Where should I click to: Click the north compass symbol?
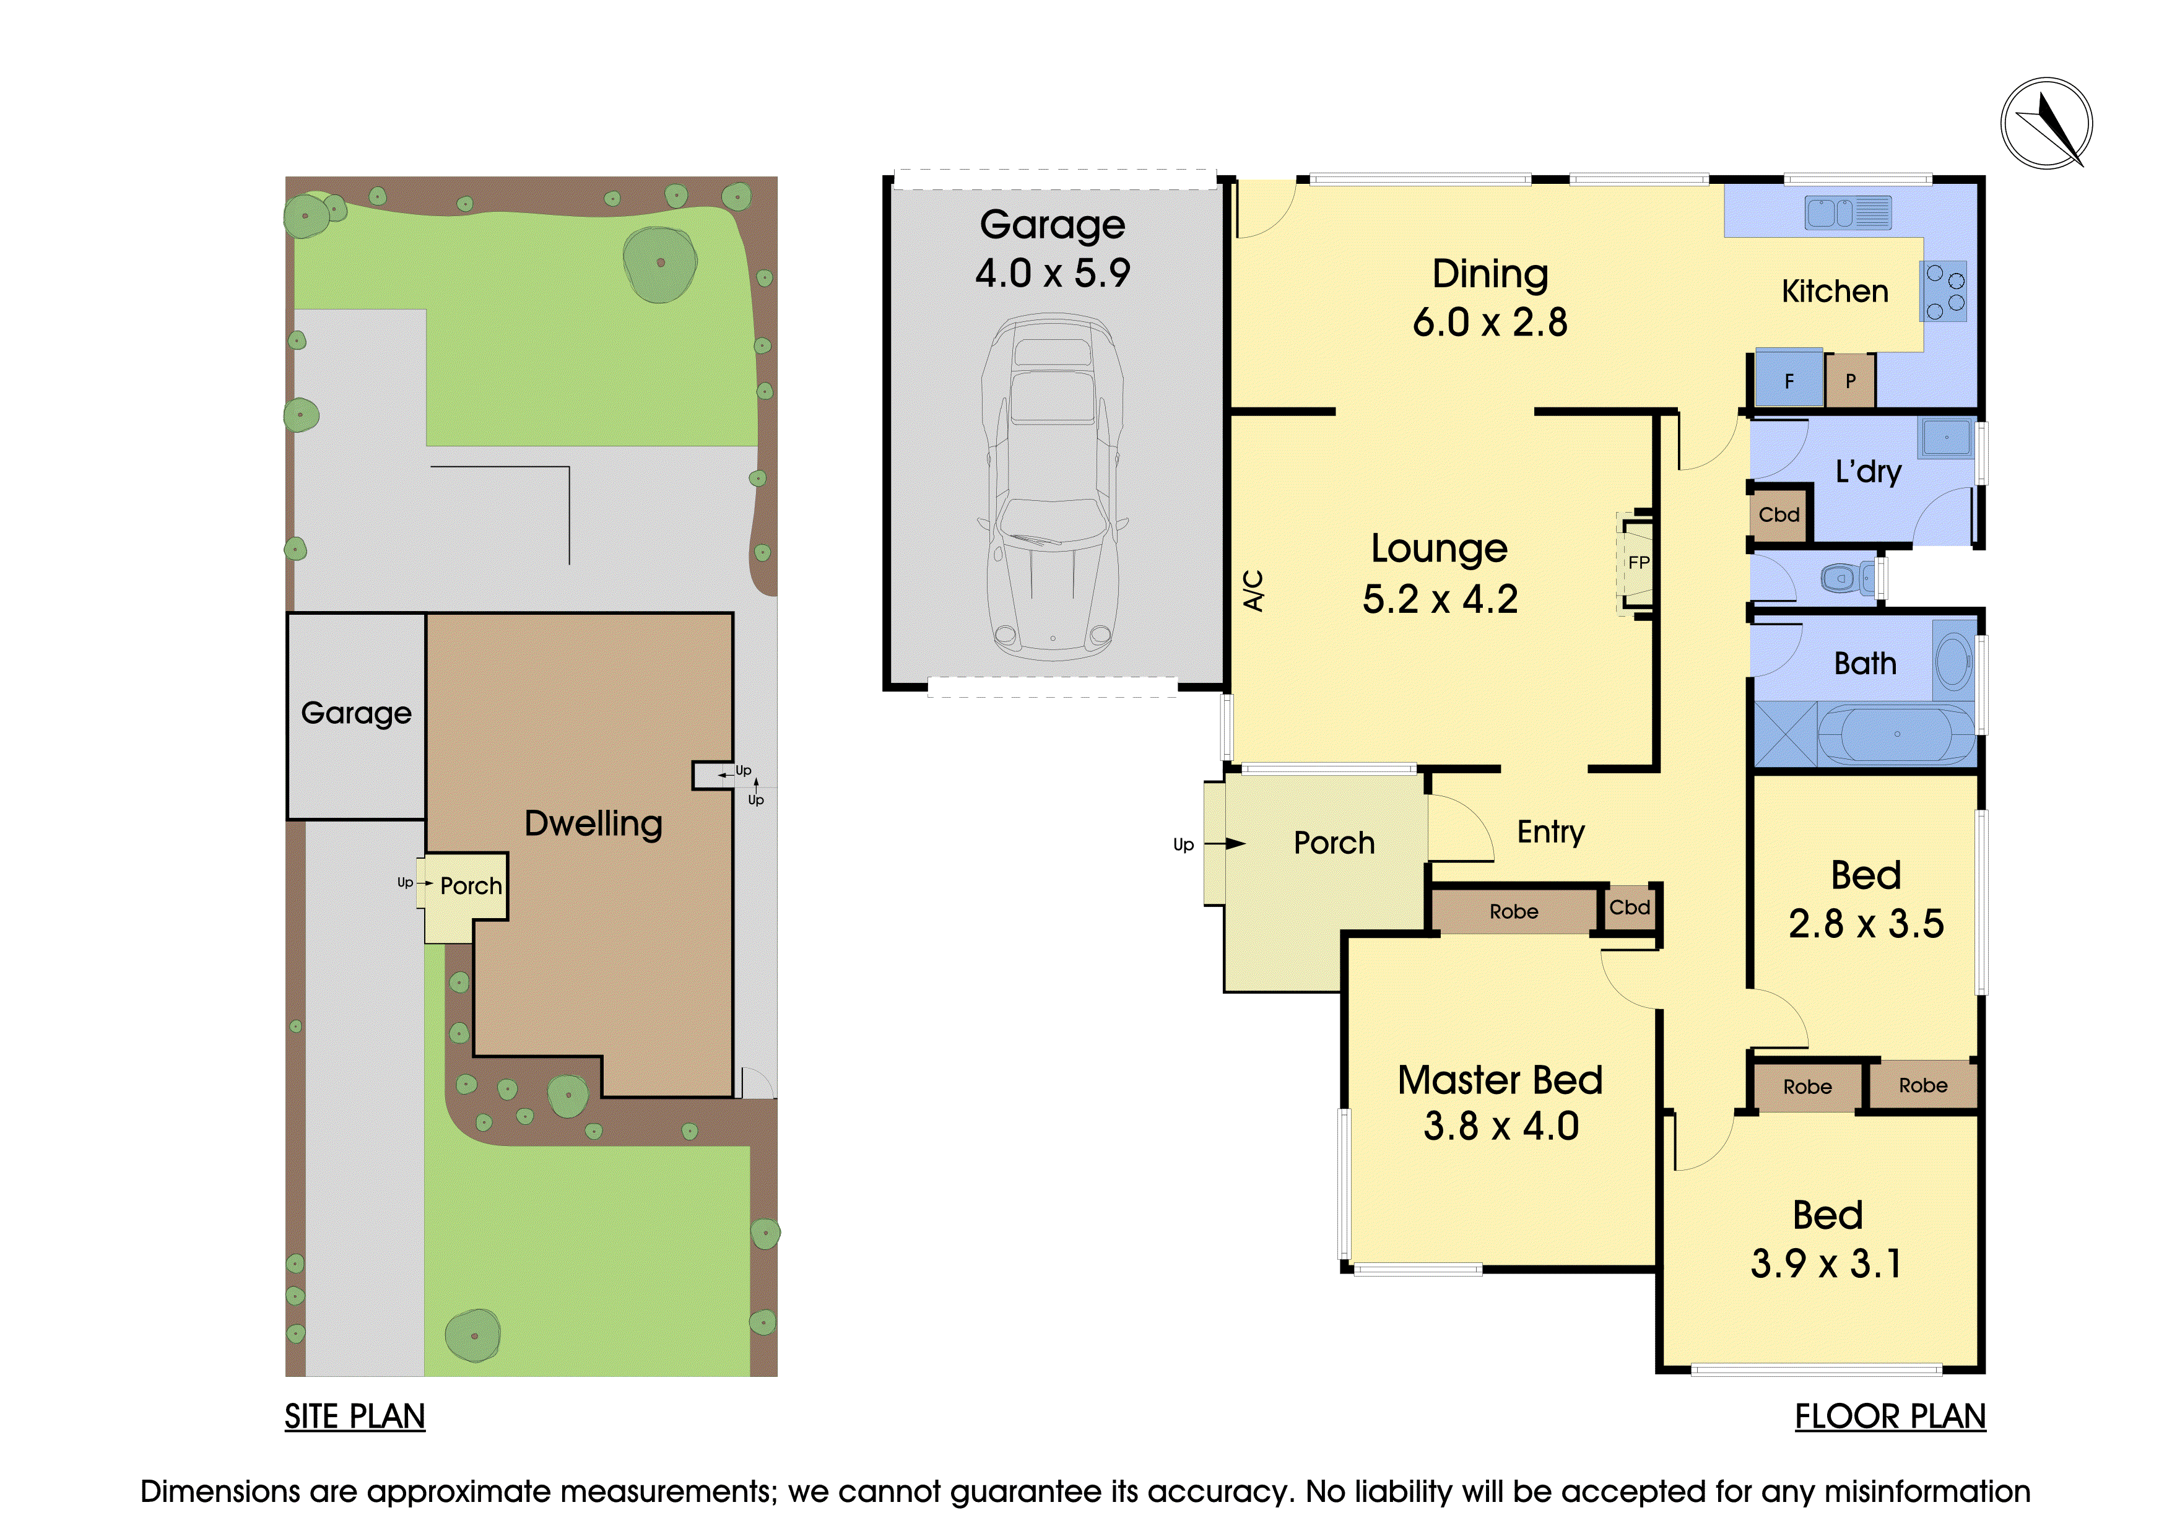point(2046,124)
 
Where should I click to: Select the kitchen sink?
point(1848,213)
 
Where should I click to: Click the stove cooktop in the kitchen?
point(1945,292)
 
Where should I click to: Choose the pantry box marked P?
point(1851,381)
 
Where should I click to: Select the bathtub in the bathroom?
point(1896,733)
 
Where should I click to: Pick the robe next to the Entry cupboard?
point(1514,911)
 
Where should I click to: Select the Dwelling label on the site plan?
point(593,824)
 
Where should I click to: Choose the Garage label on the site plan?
point(355,713)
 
